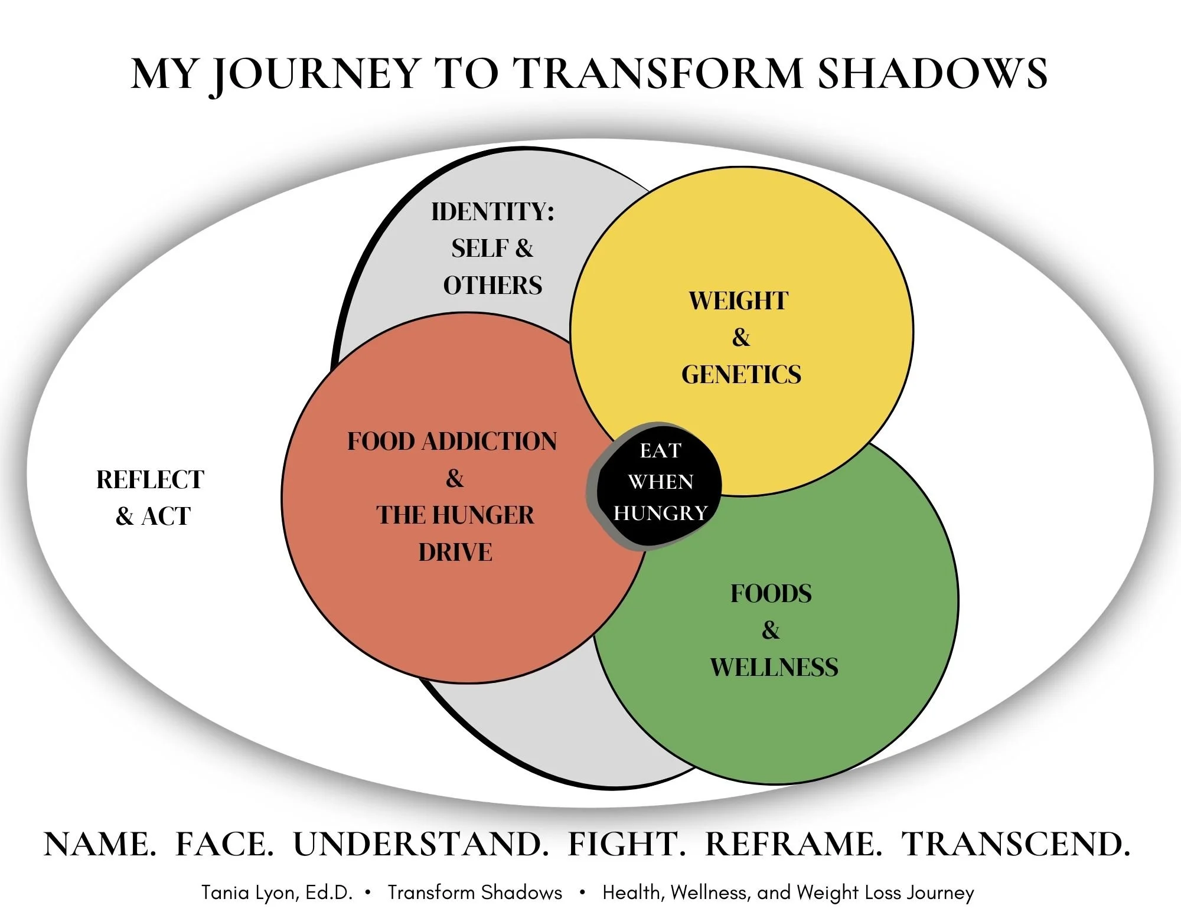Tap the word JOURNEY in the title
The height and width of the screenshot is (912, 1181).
314,75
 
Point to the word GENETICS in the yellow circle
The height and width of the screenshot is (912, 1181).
741,375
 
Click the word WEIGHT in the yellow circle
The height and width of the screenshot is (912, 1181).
738,301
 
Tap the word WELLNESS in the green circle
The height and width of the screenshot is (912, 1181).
774,668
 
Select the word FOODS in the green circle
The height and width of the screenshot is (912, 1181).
771,594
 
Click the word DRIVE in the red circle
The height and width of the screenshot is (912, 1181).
455,553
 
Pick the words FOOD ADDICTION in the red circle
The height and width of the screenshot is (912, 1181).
452,442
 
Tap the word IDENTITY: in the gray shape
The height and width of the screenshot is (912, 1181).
492,212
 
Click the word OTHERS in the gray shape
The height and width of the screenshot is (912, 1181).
492,286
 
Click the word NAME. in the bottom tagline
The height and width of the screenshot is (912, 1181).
100,844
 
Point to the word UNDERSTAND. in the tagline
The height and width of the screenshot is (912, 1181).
421,844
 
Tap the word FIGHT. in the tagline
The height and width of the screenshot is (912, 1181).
627,844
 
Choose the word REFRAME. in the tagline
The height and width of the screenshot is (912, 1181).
794,844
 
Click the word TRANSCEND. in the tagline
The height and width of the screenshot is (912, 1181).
1016,844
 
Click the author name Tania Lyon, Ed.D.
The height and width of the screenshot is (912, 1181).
277,893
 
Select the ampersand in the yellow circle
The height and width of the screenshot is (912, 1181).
740,338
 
